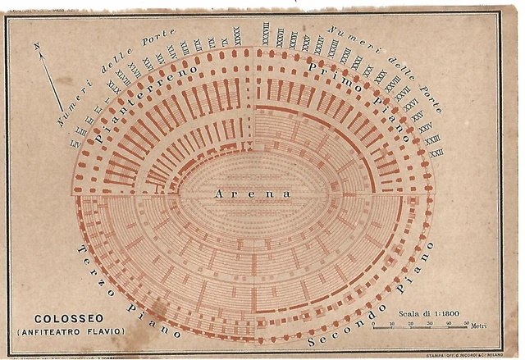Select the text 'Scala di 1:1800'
[428, 312]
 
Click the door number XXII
[437, 153]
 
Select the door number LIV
[75, 141]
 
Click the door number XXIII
[431, 140]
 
